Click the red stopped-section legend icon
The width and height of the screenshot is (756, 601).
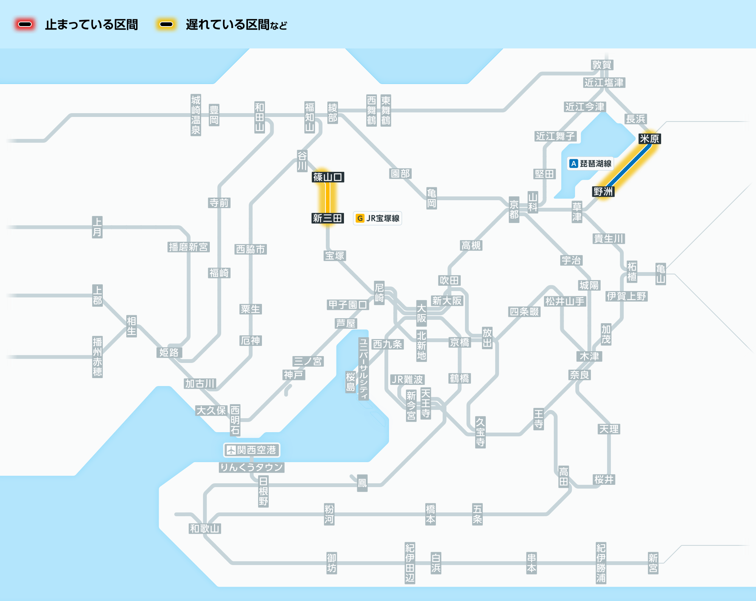[25, 25]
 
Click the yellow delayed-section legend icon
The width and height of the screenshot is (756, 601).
[166, 25]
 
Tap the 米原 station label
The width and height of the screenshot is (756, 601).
[649, 139]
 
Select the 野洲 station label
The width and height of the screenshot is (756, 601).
[603, 192]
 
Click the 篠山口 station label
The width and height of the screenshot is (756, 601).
[328, 177]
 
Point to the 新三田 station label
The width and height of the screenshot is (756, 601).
[328, 218]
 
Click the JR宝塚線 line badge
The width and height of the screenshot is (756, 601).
[377, 218]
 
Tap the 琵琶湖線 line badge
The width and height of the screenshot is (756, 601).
[590, 163]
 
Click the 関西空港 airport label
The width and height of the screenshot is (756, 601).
[252, 450]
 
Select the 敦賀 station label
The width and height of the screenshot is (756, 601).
[602, 65]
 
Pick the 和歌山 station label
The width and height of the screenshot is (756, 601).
[205, 529]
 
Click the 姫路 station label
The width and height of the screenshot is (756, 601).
[169, 353]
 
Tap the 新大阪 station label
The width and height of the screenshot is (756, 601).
[447, 301]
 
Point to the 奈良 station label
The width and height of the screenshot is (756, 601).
[580, 375]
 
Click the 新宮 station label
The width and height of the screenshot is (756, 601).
[653, 563]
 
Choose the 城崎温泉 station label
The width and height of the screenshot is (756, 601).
[196, 115]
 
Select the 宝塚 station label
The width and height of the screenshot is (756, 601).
[335, 256]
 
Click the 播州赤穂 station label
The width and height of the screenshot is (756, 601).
[98, 357]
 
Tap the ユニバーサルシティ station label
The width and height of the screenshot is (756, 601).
[364, 369]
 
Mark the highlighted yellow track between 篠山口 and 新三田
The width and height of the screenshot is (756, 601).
[328, 198]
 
